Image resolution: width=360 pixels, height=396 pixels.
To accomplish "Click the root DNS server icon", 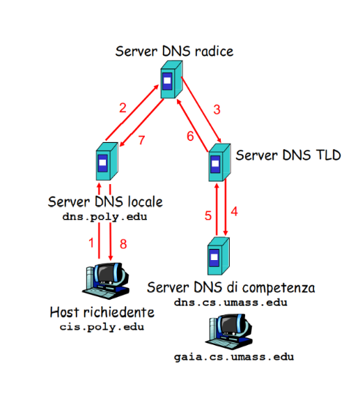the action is click(171, 79).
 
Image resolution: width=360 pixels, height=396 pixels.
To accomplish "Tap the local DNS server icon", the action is click(107, 161).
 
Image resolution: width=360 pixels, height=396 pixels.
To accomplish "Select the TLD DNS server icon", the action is click(219, 162).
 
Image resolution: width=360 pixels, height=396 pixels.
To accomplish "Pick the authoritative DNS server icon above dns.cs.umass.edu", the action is click(219, 256).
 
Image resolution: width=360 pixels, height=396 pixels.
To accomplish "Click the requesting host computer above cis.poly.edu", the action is click(106, 281).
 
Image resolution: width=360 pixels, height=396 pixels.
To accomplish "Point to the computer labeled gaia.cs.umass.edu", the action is click(229, 332).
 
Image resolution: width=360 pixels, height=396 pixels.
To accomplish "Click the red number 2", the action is click(123, 108).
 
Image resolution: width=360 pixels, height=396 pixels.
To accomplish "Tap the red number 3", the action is click(217, 109).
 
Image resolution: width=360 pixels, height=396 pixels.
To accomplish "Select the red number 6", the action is click(190, 136).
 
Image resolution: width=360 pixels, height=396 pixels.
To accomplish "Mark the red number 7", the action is click(141, 140).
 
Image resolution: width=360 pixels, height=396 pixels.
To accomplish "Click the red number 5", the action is click(208, 215).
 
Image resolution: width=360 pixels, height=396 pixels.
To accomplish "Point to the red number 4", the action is click(235, 211).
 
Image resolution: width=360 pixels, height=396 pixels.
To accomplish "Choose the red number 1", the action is click(91, 243).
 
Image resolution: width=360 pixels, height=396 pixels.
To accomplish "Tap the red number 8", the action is click(123, 244).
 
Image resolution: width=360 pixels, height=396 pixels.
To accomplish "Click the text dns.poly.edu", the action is click(104, 217).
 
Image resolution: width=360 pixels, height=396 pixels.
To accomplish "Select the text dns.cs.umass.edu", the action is click(230, 303).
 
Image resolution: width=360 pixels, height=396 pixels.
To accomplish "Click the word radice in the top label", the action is click(214, 52).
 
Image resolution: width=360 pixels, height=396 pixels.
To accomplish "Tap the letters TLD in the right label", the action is click(329, 155).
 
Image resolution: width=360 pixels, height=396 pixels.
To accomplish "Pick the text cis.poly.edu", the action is click(102, 327).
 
